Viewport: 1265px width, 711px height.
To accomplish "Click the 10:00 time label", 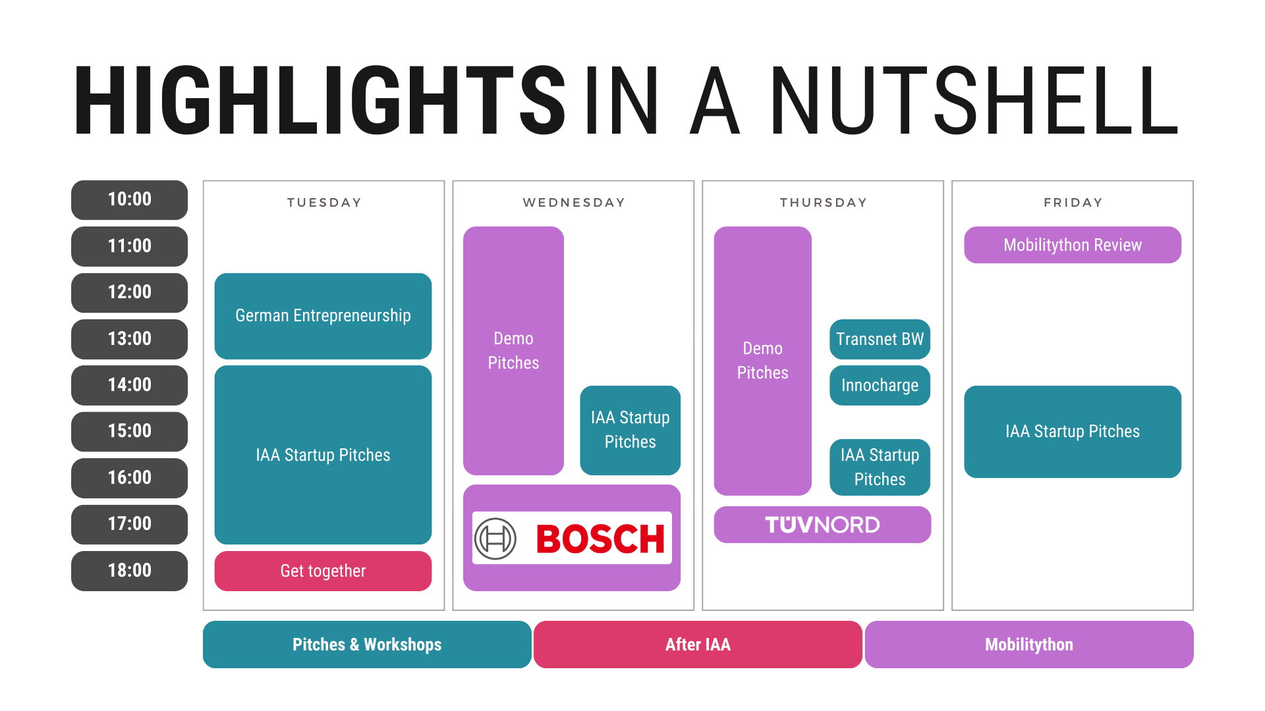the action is click(129, 199).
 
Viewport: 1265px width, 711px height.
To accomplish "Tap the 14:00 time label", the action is click(129, 385).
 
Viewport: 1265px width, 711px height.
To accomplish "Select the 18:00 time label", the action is click(129, 571).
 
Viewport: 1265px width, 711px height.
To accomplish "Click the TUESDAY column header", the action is click(324, 203).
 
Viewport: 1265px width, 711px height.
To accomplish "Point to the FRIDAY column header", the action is click(1073, 203).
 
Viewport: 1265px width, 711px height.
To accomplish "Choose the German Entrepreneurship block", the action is click(323, 316).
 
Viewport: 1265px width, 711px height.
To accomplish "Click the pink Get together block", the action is click(323, 571).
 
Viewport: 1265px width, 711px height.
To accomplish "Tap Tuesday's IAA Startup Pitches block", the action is click(323, 455).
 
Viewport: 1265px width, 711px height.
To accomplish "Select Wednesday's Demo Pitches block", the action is click(513, 351).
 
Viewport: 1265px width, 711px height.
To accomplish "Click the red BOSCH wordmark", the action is click(600, 539).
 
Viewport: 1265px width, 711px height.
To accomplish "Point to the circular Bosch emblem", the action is click(495, 539).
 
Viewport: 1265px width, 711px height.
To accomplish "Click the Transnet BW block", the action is click(880, 339).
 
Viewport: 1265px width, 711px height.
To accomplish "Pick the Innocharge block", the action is click(880, 385).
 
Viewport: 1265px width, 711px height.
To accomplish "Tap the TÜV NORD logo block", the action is click(822, 525).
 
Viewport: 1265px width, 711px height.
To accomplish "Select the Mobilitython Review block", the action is click(1073, 245).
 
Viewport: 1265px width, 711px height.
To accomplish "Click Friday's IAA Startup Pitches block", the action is click(1073, 432).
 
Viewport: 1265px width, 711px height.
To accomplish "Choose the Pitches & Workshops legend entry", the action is click(367, 645).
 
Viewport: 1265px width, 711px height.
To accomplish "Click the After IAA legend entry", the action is click(698, 645).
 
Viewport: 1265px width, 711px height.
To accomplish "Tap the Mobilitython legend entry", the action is click(1029, 645).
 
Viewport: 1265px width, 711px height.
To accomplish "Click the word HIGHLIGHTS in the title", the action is click(320, 100).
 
